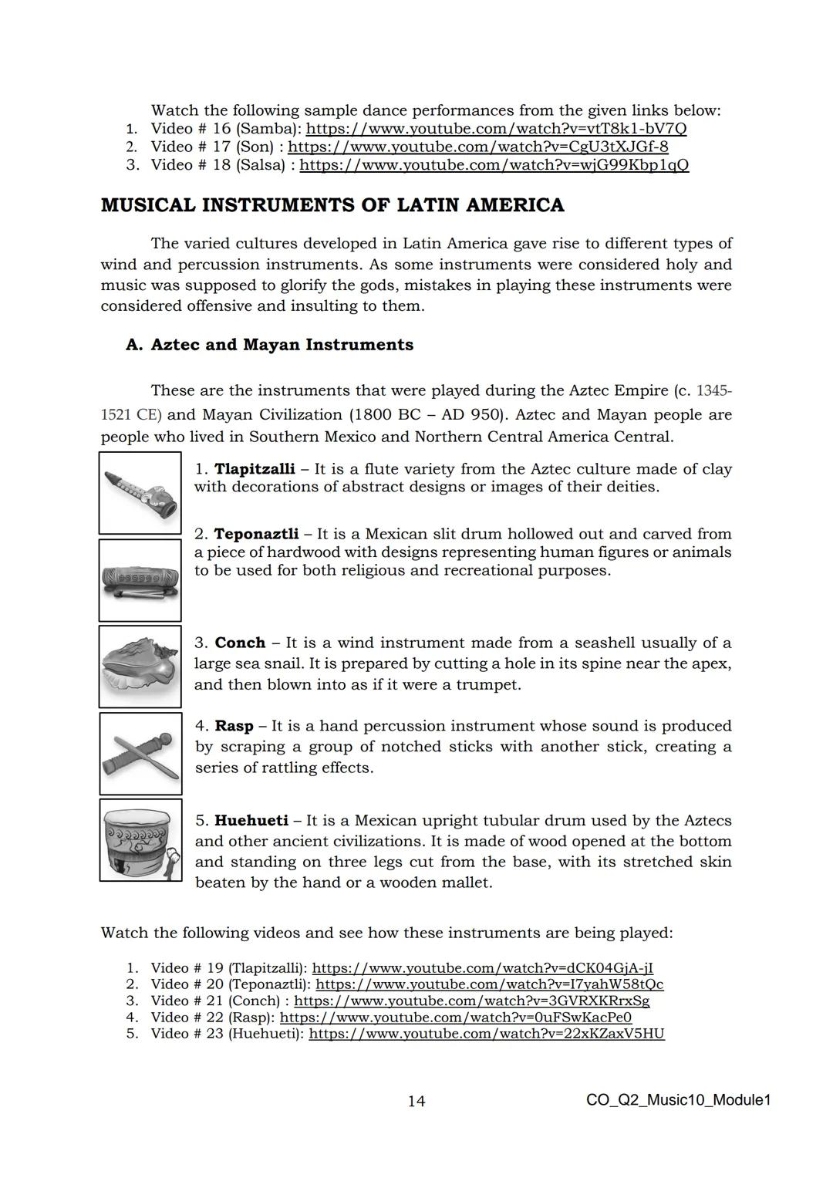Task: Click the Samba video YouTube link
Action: click(497, 129)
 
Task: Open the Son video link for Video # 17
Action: click(477, 147)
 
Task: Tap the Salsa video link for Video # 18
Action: click(494, 165)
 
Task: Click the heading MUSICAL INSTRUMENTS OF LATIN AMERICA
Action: click(332, 205)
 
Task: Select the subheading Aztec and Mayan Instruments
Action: click(282, 345)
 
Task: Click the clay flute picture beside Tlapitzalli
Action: click(140, 493)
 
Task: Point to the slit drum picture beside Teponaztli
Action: click(140, 580)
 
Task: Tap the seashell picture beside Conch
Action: click(140, 667)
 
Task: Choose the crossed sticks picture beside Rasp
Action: click(140, 754)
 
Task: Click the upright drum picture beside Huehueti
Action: click(140, 840)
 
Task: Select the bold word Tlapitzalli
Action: click(254, 469)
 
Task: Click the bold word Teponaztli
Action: click(256, 535)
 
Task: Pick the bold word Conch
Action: click(240, 643)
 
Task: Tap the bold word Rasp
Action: click(234, 727)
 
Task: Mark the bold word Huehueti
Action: click(251, 821)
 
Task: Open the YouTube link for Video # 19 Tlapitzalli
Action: click(483, 968)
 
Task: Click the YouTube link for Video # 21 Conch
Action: click(471, 1001)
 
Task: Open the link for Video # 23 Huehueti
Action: click(486, 1034)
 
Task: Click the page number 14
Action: click(416, 1101)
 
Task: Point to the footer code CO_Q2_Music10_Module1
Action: click(678, 1100)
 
